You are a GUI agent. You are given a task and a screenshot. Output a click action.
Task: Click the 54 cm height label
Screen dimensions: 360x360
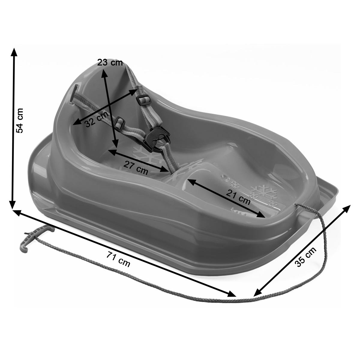click(19, 121)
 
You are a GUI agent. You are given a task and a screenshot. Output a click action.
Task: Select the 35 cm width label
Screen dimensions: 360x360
click(305, 257)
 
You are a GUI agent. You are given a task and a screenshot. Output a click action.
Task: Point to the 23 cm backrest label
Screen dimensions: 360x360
click(110, 63)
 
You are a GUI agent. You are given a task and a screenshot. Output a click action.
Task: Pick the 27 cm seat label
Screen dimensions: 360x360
click(136, 168)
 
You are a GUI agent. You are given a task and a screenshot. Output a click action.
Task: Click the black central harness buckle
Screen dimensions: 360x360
click(157, 138)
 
